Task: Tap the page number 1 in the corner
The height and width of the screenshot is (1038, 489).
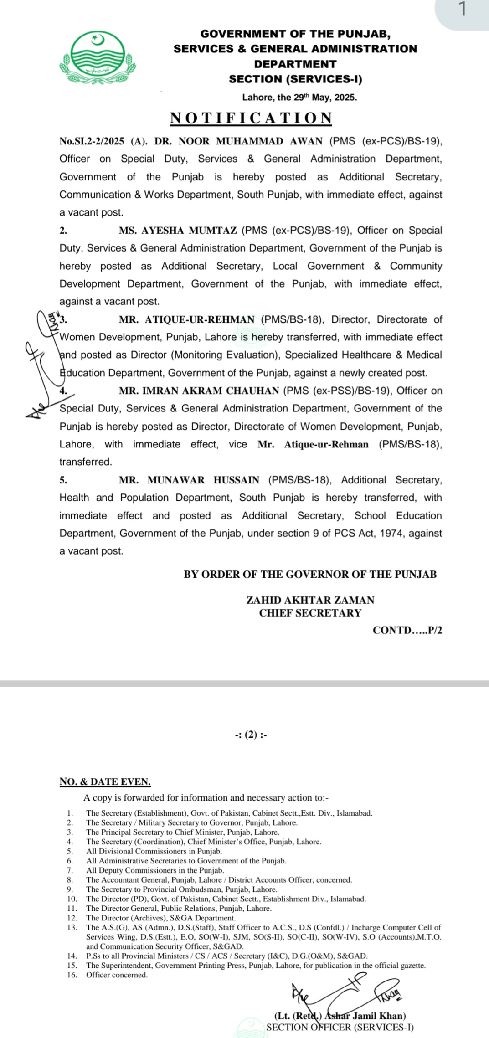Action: (x=462, y=10)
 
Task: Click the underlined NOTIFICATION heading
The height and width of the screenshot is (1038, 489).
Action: (x=251, y=118)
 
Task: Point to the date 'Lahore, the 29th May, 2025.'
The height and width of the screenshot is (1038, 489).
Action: (x=299, y=97)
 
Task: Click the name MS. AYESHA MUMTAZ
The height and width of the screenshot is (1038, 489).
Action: (x=178, y=231)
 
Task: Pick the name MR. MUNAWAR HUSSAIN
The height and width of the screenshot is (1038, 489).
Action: (x=189, y=480)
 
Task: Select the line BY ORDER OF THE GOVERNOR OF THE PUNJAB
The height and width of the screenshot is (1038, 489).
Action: (x=310, y=575)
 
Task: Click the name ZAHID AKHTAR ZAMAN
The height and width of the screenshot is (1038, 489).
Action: (x=310, y=601)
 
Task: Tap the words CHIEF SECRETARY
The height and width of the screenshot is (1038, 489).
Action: (x=310, y=613)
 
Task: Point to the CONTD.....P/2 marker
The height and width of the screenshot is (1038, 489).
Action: (x=407, y=631)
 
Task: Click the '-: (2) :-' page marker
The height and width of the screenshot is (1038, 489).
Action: (x=251, y=735)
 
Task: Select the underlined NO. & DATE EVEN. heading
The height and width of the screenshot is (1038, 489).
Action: (x=105, y=782)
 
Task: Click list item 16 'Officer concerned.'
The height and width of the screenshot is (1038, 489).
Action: (x=117, y=975)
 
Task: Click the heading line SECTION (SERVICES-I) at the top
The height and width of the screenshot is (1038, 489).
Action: (x=295, y=79)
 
